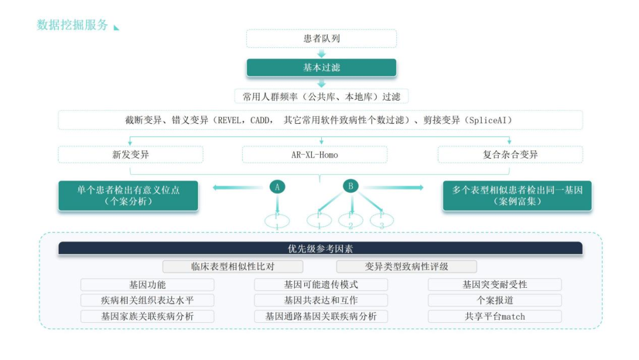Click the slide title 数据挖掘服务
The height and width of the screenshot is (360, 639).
[x=72, y=25]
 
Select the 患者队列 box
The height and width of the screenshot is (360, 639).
[x=321, y=39]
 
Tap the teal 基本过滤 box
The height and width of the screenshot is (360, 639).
[x=321, y=67]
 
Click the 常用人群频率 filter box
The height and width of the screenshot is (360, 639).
[x=321, y=97]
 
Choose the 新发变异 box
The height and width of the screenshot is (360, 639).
[x=130, y=155]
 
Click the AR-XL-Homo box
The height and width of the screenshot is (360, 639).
[x=315, y=155]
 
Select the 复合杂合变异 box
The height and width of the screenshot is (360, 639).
[x=510, y=155]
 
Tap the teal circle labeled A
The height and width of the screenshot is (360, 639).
[x=277, y=187]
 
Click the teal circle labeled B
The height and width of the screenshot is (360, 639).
[x=351, y=186]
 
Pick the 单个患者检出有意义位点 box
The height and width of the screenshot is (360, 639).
[x=128, y=195]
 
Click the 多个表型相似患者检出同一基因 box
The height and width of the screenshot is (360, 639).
[x=517, y=195]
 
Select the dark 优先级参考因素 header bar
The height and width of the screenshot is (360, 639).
[x=320, y=249]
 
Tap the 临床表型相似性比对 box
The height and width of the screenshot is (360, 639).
[x=233, y=266]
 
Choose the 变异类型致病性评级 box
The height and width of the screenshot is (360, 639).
[x=406, y=266]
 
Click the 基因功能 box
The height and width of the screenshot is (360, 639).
[x=147, y=285]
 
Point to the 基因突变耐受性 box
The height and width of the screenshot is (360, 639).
[x=495, y=285]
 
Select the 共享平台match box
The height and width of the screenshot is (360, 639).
[x=495, y=316]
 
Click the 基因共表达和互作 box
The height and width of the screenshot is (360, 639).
[x=321, y=300]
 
